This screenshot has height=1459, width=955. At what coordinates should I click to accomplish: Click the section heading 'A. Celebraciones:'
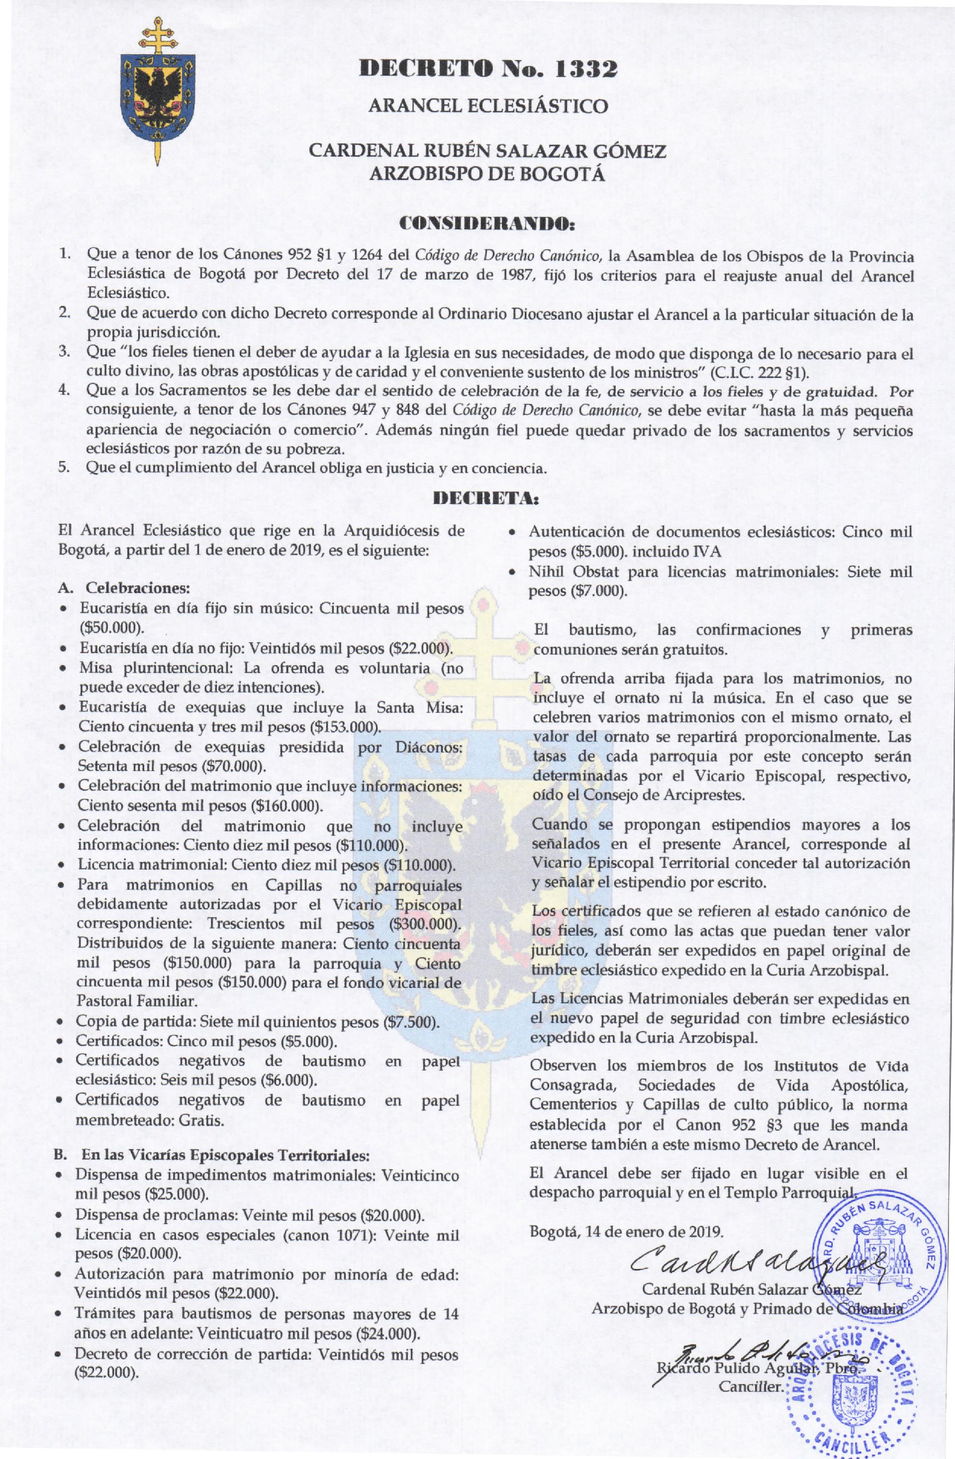click(123, 588)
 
